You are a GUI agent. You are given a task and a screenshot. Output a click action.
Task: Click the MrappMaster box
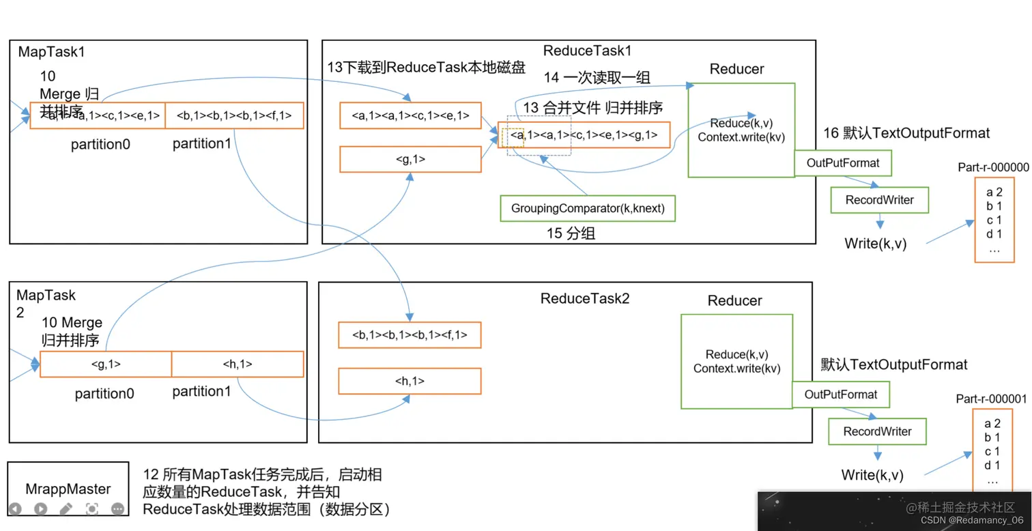point(68,488)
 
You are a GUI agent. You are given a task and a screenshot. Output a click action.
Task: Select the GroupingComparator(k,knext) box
point(587,208)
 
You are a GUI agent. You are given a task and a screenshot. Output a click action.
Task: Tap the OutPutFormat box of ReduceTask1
point(843,163)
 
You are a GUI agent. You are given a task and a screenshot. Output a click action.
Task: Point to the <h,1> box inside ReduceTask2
point(410,382)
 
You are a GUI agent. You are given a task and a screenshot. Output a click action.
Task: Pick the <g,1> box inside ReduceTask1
point(410,159)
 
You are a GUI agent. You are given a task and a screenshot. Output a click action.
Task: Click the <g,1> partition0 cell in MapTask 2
point(106,364)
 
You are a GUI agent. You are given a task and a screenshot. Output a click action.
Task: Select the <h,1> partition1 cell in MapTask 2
point(238,364)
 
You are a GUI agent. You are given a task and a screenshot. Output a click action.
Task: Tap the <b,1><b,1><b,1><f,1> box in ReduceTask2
point(410,335)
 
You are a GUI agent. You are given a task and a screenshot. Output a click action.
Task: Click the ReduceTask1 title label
point(588,51)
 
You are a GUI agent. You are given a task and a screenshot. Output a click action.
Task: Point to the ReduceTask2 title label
point(585,298)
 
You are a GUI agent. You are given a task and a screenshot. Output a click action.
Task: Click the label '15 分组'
point(571,233)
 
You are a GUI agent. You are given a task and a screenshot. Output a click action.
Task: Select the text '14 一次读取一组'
point(597,78)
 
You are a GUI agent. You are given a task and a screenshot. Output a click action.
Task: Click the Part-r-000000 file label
point(993,167)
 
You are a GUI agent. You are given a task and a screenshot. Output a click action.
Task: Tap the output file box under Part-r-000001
point(992,450)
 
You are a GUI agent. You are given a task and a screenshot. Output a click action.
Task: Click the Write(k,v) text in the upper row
point(875,243)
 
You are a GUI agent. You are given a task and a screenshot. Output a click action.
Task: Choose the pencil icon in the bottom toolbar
point(66,508)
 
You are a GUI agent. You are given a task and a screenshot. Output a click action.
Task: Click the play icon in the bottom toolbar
point(40,508)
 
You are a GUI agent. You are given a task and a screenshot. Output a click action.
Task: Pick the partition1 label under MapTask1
point(201,143)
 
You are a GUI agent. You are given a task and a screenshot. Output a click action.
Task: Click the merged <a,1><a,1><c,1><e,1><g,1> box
point(584,135)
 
